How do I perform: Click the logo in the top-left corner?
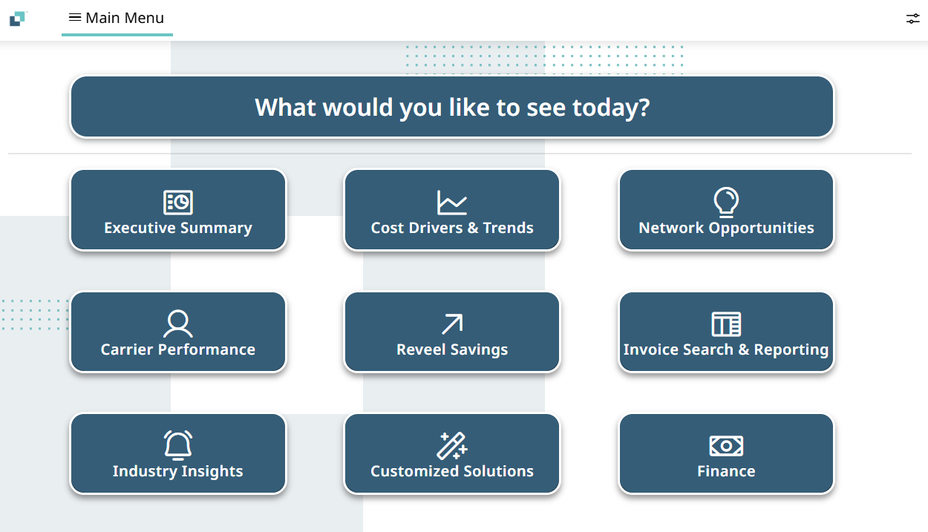pyautogui.click(x=19, y=19)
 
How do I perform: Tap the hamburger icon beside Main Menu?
pyautogui.click(x=74, y=17)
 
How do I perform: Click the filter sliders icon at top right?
pyautogui.click(x=912, y=19)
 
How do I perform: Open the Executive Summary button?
pyautogui.click(x=178, y=209)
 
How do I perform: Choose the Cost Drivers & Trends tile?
pyautogui.click(x=452, y=209)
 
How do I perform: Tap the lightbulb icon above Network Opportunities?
pyautogui.click(x=726, y=203)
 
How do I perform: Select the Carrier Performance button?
pyautogui.click(x=178, y=332)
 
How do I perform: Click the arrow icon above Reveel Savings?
pyautogui.click(x=452, y=324)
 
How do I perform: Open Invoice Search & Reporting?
pyautogui.click(x=726, y=332)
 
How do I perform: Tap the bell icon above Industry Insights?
pyautogui.click(x=178, y=445)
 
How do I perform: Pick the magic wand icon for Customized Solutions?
pyautogui.click(x=452, y=446)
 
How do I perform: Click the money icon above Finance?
pyautogui.click(x=726, y=446)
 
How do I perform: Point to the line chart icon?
pyautogui.click(x=452, y=203)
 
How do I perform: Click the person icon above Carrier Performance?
pyautogui.click(x=178, y=324)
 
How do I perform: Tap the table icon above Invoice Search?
pyautogui.click(x=726, y=324)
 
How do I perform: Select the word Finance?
pyautogui.click(x=726, y=471)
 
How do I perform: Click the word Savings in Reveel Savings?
pyautogui.click(x=479, y=349)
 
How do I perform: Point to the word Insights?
pyautogui.click(x=212, y=472)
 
